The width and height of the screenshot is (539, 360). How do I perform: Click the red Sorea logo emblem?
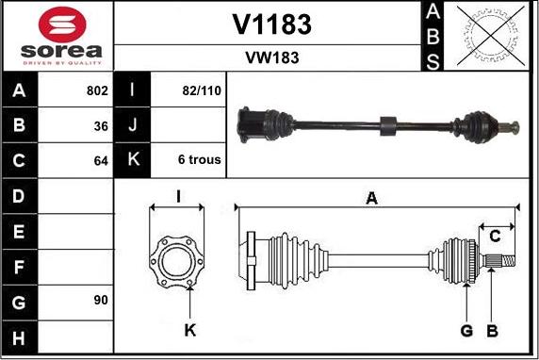(62, 25)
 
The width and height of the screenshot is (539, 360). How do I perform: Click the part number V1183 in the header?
(272, 25)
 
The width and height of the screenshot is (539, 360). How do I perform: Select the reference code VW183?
(272, 57)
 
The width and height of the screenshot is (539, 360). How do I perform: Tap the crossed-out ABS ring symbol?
(491, 36)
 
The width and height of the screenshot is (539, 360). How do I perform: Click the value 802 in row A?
(97, 90)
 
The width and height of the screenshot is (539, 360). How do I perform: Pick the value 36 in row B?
(101, 126)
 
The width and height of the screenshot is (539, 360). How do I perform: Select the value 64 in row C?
(101, 161)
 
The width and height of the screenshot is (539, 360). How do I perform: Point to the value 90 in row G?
(101, 301)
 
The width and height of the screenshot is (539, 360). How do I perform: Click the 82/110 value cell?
(202, 90)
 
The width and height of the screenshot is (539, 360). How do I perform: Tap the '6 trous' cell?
(200, 159)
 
